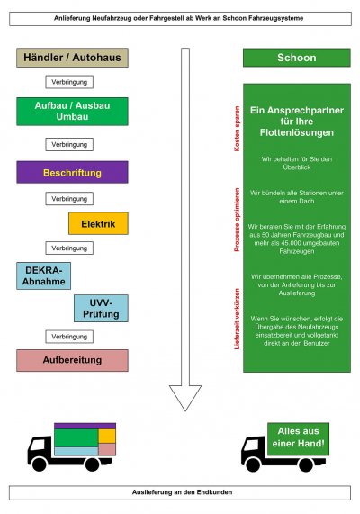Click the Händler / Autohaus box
point(72,58)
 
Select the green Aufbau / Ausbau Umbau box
point(72,112)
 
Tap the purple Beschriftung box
point(72,172)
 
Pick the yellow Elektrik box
point(98,223)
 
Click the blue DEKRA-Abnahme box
point(42,275)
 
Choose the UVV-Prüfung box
point(100,309)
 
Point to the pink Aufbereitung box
point(72,360)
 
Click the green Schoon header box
point(297,58)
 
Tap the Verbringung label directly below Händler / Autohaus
point(69,82)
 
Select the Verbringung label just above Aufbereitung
point(69,336)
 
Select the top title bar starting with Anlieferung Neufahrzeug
point(180,18)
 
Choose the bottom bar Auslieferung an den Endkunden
point(180,492)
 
